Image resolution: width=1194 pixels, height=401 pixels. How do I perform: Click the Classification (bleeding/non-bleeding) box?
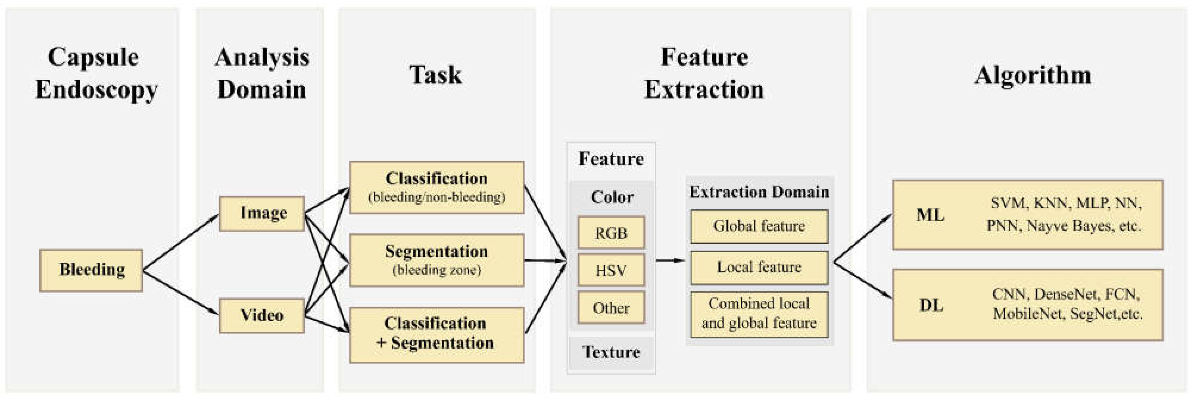(x=437, y=187)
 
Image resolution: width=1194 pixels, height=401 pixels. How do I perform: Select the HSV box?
(x=611, y=270)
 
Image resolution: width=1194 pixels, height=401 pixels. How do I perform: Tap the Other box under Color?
(x=611, y=308)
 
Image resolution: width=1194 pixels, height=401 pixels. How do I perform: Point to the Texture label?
(x=611, y=353)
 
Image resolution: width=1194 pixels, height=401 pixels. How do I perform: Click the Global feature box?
(x=759, y=226)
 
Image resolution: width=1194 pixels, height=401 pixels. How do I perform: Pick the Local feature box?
(x=759, y=267)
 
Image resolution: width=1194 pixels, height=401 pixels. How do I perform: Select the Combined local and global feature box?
(x=759, y=314)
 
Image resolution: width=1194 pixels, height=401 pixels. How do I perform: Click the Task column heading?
(x=436, y=75)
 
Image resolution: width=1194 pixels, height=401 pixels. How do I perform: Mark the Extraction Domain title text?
(x=759, y=192)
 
